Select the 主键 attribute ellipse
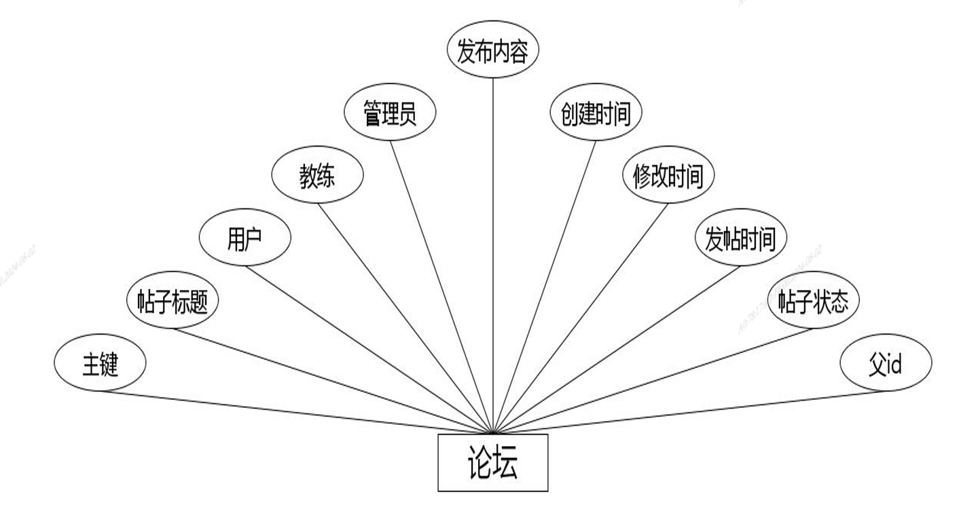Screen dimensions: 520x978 tap(100, 364)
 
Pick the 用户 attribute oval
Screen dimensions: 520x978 tap(244, 238)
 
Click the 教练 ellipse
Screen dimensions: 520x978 tap(317, 176)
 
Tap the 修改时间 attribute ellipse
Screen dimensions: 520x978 tap(668, 176)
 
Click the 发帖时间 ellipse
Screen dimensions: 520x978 tap(740, 238)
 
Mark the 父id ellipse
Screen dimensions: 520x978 tap(886, 364)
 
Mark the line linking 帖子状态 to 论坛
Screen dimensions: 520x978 tap(652, 381)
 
